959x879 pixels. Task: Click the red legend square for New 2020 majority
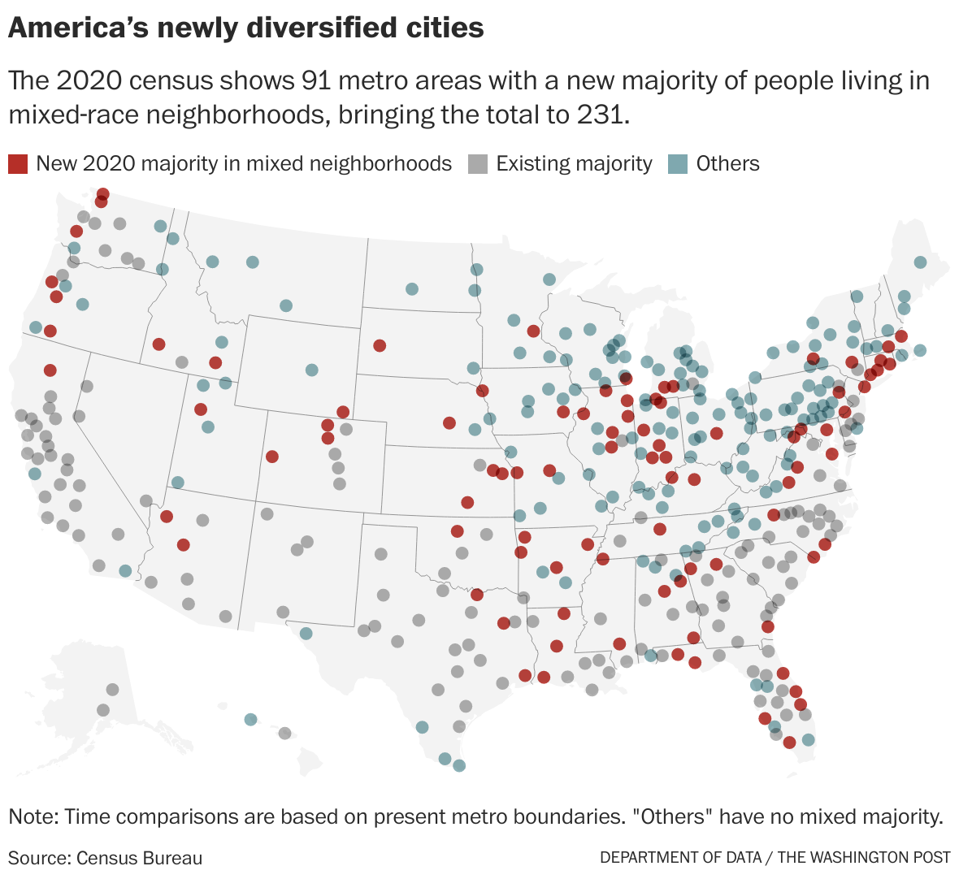18,163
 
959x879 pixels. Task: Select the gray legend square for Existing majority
478,163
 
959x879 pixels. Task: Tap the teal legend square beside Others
678,163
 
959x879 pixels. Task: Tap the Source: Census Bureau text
105,858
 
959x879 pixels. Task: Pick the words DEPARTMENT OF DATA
681,858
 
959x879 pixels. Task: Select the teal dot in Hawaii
250,719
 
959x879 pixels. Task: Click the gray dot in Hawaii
284,733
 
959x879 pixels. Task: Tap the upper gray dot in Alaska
112,690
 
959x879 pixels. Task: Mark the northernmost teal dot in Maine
920,262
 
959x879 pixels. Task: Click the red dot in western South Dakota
380,345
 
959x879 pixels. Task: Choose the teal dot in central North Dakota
412,289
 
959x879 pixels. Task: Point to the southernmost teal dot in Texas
458,765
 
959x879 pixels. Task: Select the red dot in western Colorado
272,457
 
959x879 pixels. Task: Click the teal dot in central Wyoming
311,370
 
